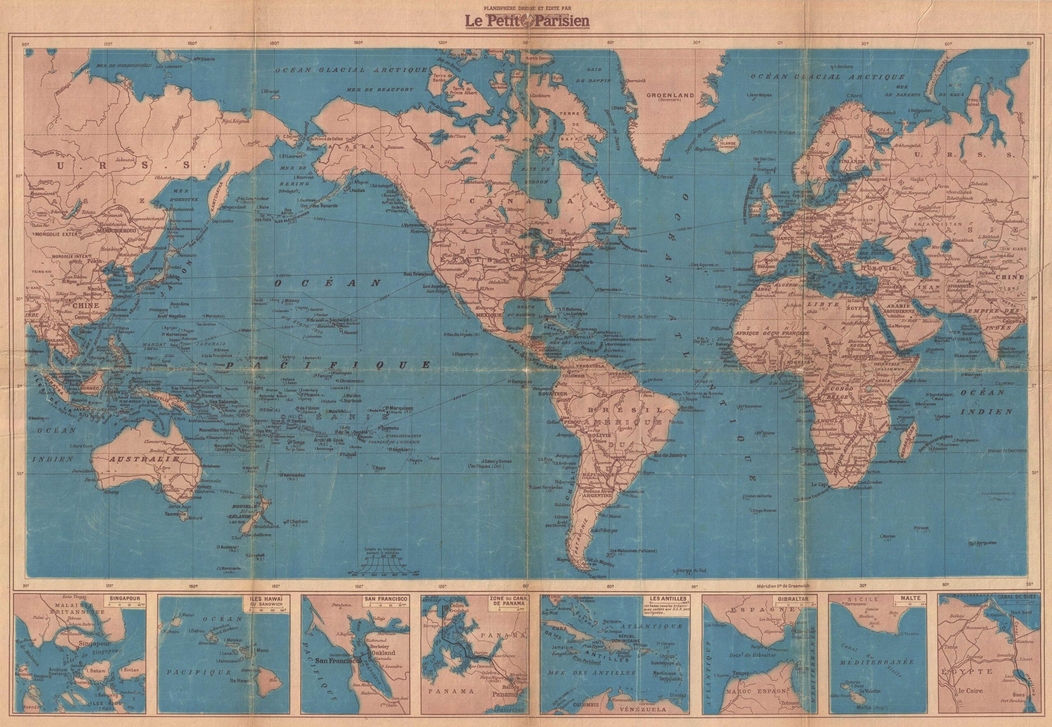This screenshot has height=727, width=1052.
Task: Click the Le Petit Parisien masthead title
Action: [526, 21]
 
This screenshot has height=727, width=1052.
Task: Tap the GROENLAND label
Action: [672, 95]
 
